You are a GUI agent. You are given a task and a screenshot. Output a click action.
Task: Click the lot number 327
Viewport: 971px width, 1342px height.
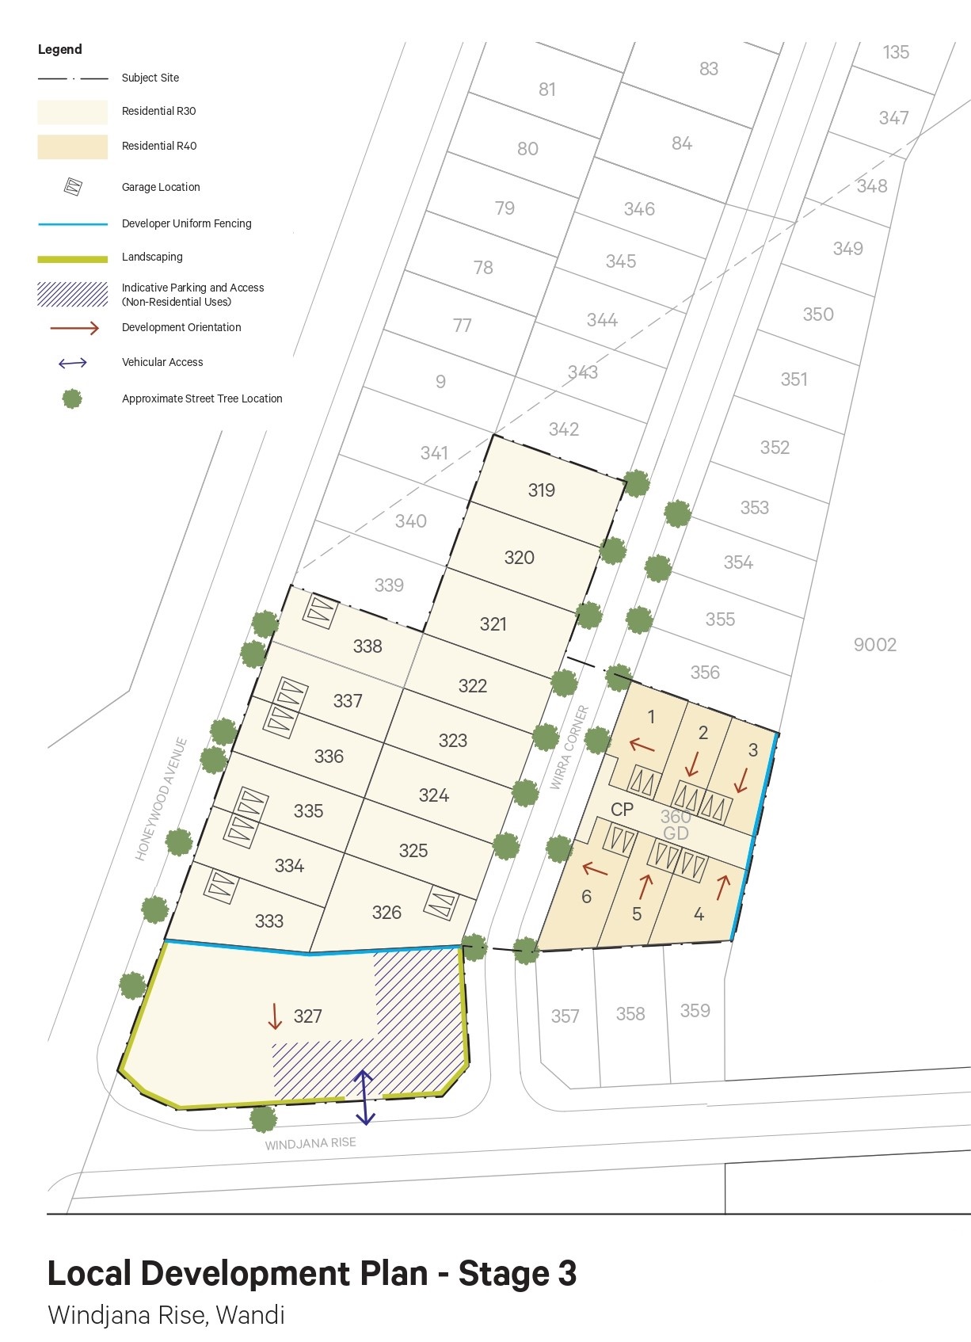[x=307, y=1016]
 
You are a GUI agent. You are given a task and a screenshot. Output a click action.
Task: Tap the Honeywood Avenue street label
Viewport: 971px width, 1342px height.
[x=162, y=799]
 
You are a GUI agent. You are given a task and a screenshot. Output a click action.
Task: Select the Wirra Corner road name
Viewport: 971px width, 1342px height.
[x=569, y=747]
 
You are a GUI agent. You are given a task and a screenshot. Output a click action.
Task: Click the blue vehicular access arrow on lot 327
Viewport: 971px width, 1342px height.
[x=364, y=1097]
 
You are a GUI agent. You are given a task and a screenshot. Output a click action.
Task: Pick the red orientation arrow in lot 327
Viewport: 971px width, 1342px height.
[x=275, y=1016]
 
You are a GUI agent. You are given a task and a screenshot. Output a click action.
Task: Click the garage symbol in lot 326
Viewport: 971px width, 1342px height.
[x=441, y=902]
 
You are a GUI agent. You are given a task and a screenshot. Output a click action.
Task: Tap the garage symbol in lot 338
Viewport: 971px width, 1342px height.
[x=321, y=612]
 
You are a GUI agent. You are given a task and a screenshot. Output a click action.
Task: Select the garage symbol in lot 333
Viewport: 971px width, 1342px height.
[x=222, y=885]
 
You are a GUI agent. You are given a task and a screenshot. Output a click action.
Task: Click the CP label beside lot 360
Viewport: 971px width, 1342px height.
[x=623, y=810]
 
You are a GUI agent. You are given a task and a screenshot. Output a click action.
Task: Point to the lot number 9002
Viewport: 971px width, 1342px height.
[x=874, y=645]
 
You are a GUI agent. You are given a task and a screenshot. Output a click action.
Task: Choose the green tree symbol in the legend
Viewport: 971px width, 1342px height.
[x=72, y=398]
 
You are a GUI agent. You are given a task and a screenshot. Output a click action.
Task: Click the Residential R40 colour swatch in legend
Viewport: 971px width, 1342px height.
[x=72, y=147]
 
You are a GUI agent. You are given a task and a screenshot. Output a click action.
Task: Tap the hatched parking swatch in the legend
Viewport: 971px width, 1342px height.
[x=72, y=294]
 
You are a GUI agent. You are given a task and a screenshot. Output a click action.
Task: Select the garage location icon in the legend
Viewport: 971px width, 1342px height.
[x=73, y=187]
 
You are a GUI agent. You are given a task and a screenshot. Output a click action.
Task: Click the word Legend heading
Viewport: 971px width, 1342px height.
[x=60, y=49]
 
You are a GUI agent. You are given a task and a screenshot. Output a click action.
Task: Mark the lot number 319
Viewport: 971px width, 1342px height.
[x=542, y=490]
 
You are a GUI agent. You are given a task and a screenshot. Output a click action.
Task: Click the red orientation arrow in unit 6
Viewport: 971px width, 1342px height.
[x=595, y=870]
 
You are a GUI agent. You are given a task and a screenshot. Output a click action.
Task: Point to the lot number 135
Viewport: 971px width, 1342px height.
[x=896, y=52]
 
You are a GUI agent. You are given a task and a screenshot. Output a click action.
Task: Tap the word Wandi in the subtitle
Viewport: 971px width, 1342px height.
[x=250, y=1315]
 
